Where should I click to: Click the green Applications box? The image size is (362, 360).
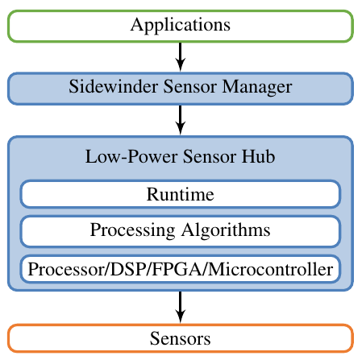181,26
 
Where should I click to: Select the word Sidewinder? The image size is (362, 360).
113,86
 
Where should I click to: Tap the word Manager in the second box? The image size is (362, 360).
257,87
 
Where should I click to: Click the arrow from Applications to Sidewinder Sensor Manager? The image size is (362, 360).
181,57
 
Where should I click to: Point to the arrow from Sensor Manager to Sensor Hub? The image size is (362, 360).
181,120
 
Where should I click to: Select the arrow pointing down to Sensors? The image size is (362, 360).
181,307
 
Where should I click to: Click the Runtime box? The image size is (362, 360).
181,194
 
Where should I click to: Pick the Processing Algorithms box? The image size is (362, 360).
181,231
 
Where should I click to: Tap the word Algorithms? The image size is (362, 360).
226,231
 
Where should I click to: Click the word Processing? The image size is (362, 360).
132,231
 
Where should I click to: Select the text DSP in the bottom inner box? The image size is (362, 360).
126,269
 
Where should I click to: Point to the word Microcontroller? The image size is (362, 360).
270,269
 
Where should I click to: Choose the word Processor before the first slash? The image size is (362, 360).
66,269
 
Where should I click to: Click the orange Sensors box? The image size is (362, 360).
181,338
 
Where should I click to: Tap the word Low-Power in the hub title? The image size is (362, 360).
131,156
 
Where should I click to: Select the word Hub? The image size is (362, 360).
258,156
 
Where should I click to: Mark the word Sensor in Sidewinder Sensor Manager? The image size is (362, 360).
190,86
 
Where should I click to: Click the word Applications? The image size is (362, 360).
181,26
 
